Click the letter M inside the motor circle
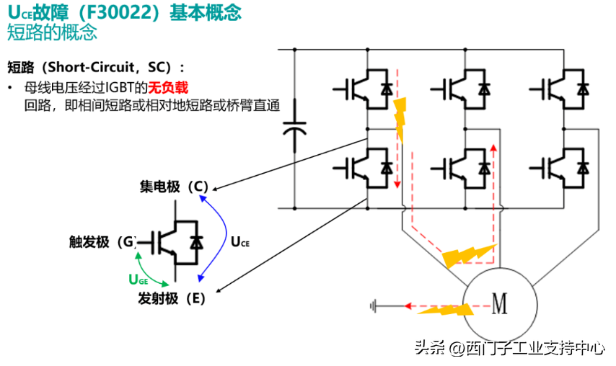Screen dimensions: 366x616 pos(499,303)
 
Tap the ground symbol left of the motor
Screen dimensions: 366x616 pos(374,306)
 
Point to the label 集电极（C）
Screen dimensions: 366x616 pos(174,187)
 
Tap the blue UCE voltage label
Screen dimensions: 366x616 pos(239,243)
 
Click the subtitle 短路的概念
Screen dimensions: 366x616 pos(51,32)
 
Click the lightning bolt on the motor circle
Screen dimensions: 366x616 pos(445,309)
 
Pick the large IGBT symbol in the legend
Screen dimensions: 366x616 pos(175,242)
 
